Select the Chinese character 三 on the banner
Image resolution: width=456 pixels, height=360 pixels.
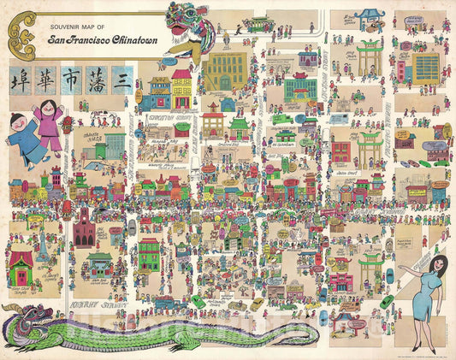coord(120,80)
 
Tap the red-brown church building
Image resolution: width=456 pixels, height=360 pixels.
coord(83,228)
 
